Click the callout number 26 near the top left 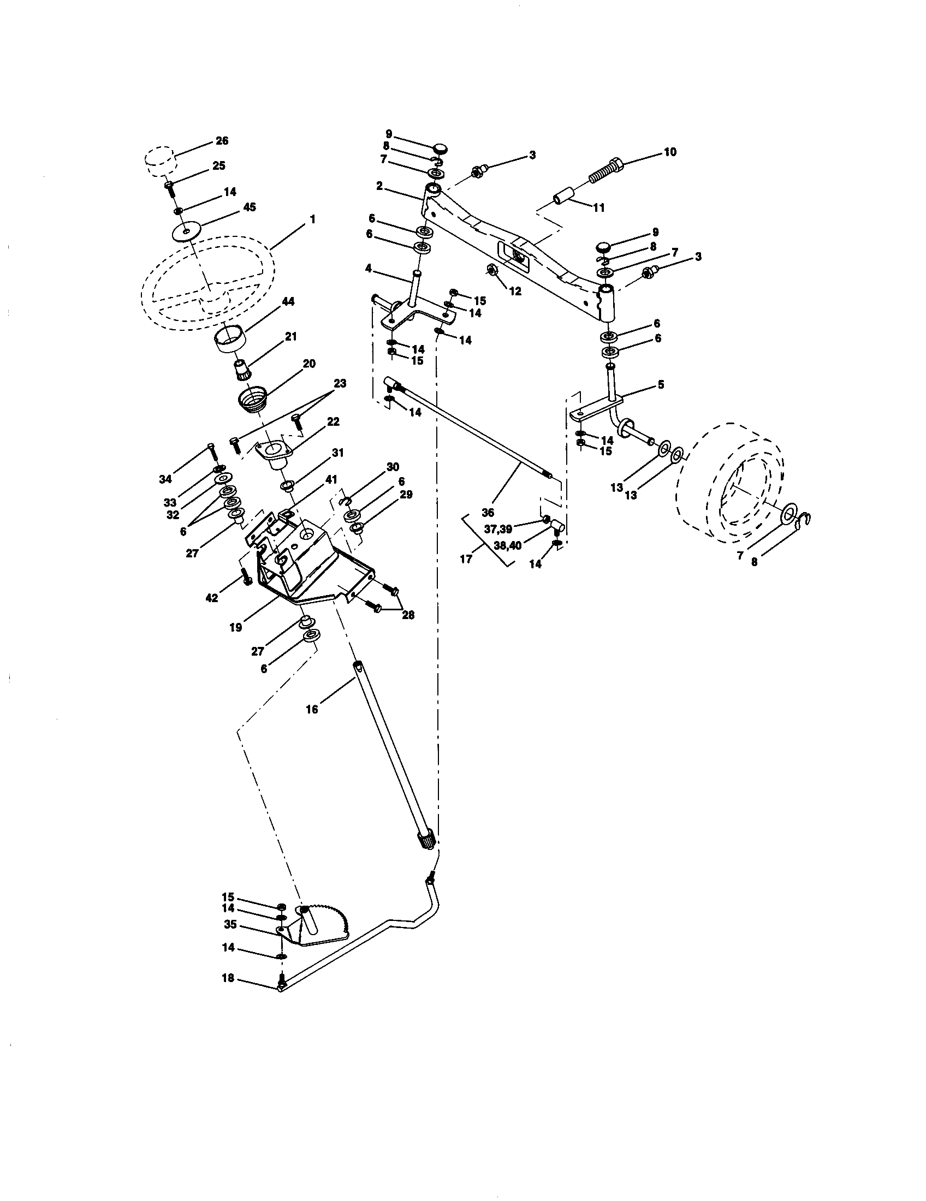(x=222, y=141)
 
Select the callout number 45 (x=249, y=207)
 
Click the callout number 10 (x=670, y=152)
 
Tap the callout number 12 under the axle (x=515, y=292)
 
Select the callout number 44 (x=288, y=301)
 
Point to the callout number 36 (x=487, y=513)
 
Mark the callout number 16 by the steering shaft (x=312, y=709)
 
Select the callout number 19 (x=235, y=627)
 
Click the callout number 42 (x=212, y=598)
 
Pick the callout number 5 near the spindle (x=661, y=385)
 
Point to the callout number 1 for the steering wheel (x=312, y=219)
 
